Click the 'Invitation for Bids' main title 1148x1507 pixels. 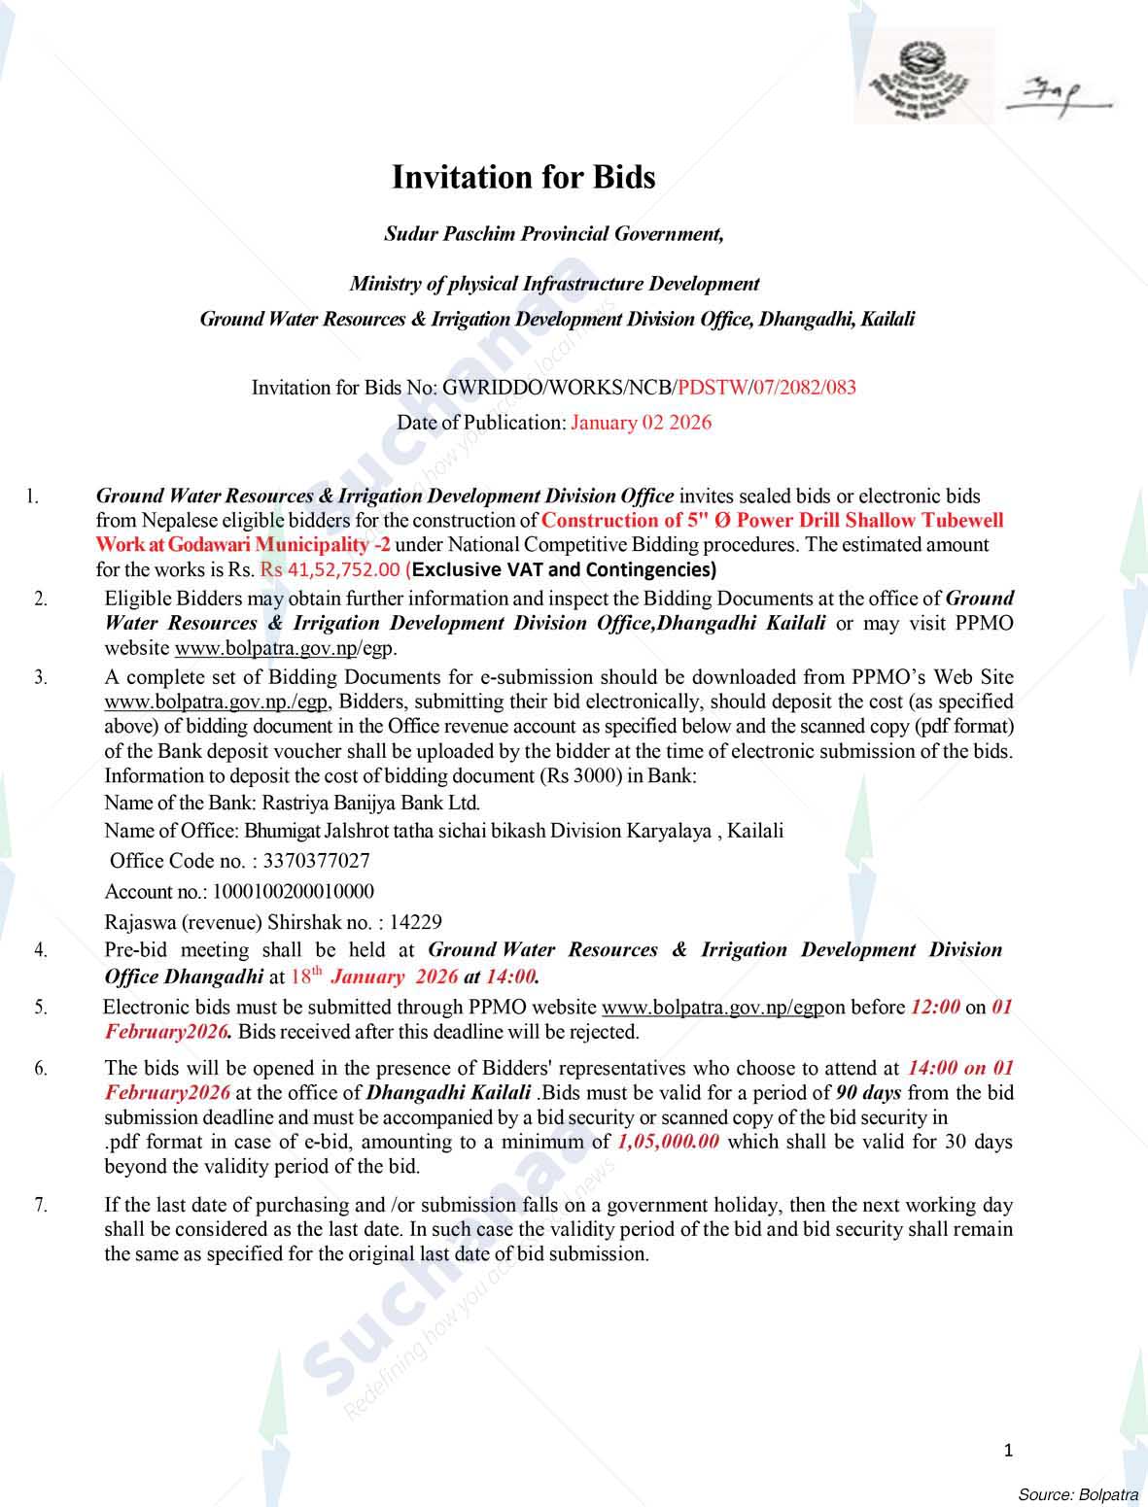523,178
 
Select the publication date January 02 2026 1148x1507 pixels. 641,423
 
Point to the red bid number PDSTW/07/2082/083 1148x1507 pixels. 767,388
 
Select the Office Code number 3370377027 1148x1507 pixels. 316,861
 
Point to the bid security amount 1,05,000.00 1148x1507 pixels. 668,1142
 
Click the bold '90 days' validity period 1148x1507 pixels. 868,1093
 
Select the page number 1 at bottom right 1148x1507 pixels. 1008,1451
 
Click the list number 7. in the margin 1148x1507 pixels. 41,1206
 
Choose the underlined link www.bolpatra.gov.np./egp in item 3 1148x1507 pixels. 218,702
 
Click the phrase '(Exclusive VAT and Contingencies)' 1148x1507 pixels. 561,569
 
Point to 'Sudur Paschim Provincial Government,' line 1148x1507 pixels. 554,234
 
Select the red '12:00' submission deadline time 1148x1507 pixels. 935,1008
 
